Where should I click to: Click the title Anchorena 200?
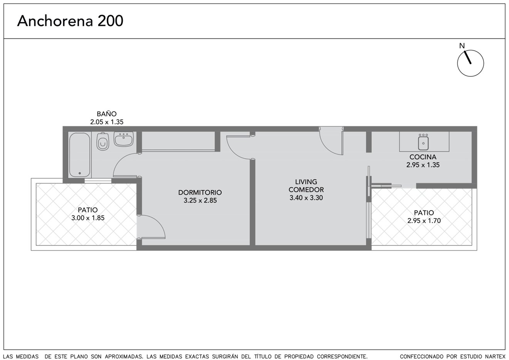tap(70, 21)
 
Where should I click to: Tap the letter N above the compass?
tap(462, 46)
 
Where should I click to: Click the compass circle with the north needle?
tap(470, 63)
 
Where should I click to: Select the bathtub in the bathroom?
tap(79, 155)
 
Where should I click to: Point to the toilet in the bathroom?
tap(103, 141)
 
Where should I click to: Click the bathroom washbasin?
tap(124, 139)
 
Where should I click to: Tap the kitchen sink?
tap(423, 142)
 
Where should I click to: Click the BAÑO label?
tap(107, 114)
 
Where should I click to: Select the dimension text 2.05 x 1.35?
tap(107, 122)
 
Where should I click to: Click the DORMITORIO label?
tap(200, 192)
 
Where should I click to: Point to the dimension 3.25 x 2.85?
tap(200, 200)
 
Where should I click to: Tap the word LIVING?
tap(306, 182)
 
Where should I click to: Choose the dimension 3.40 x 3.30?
tap(306, 198)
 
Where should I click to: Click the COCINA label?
tap(423, 157)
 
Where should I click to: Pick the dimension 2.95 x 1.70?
tap(424, 221)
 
